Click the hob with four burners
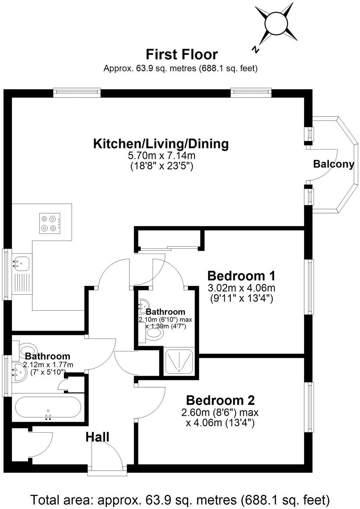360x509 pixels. pyautogui.click(x=49, y=223)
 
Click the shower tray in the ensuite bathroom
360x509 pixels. pyautogui.click(x=180, y=361)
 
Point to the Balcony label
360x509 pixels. pyautogui.click(x=333, y=164)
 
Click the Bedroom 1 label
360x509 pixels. pyautogui.click(x=241, y=275)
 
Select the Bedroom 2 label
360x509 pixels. pyautogui.click(x=220, y=400)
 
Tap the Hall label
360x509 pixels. pyautogui.click(x=97, y=437)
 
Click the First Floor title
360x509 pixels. pyautogui.click(x=181, y=55)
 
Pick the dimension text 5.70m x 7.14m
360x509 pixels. pyautogui.click(x=162, y=155)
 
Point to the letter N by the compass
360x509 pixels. pyautogui.click(x=256, y=50)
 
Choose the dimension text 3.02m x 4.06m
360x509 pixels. pyautogui.click(x=241, y=288)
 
